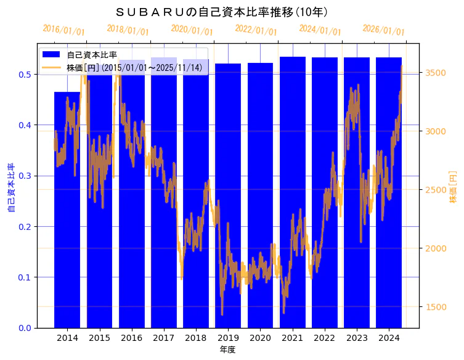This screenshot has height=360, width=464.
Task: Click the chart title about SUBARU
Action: (x=222, y=12)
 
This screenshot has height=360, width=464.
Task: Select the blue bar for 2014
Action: (x=67, y=210)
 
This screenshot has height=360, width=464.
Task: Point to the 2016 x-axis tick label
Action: (x=131, y=338)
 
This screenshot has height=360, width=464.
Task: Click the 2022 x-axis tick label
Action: (x=324, y=338)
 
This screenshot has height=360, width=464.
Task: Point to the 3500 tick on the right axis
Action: (x=435, y=73)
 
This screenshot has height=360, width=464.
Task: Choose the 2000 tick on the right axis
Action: (x=435, y=248)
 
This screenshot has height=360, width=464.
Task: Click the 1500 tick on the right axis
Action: (x=435, y=307)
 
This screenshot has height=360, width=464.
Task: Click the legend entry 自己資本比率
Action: (x=92, y=55)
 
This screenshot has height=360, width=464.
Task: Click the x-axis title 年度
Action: (x=227, y=350)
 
